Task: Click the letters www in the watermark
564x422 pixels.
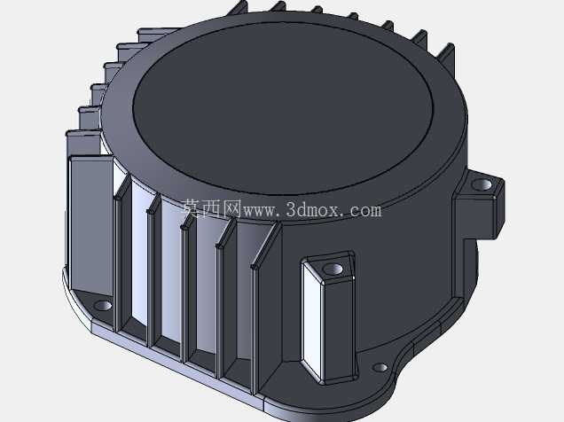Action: [x=259, y=210]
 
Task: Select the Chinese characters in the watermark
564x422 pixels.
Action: [x=211, y=209]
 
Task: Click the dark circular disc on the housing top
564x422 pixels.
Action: [x=282, y=108]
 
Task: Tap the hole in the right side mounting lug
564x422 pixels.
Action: [x=482, y=184]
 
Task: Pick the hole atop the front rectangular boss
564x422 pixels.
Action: [x=333, y=269]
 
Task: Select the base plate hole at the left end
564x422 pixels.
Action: [x=103, y=306]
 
